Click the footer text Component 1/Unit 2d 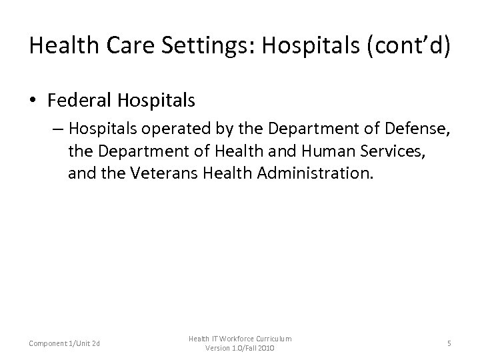pyautogui.click(x=65, y=343)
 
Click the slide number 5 pyautogui.click(x=449, y=343)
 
